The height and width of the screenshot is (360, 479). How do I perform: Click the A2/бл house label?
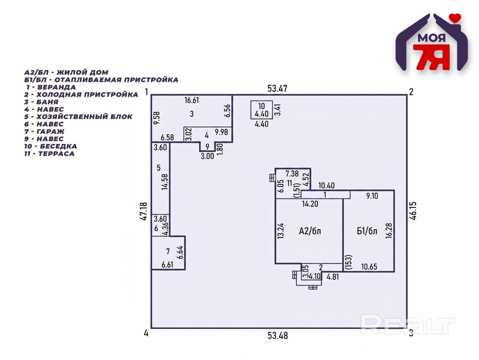click(x=310, y=231)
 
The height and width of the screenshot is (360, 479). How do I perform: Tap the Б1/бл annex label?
click(x=367, y=231)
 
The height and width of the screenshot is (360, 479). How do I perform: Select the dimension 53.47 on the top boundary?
click(x=278, y=89)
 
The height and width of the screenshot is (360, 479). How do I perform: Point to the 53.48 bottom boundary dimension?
click(x=278, y=336)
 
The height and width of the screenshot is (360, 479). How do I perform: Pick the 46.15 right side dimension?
click(x=413, y=211)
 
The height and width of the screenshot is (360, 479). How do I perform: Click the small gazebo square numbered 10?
click(x=262, y=110)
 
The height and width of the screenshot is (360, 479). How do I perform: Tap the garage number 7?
click(x=168, y=252)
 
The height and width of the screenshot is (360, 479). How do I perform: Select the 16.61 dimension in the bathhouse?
click(x=191, y=100)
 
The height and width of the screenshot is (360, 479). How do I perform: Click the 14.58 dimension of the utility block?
click(x=165, y=182)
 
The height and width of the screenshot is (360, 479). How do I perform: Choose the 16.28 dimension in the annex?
click(x=389, y=231)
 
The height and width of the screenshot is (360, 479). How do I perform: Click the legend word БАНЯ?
click(x=47, y=102)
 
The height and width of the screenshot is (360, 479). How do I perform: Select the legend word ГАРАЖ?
click(x=50, y=131)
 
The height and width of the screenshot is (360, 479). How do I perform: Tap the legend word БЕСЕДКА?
click(x=58, y=146)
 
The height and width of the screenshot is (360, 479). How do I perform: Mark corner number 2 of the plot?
click(x=411, y=92)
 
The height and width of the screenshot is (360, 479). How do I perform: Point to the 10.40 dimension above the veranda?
click(x=327, y=186)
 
